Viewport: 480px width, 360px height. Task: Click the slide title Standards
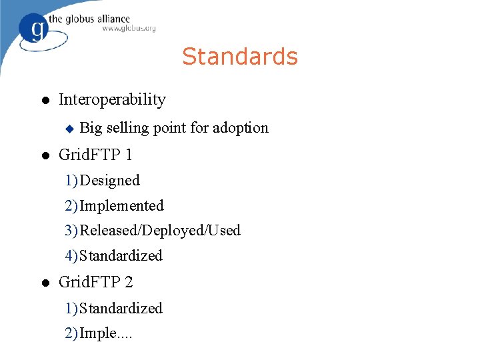pyautogui.click(x=240, y=57)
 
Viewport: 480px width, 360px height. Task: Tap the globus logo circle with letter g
pyautogui.click(x=35, y=29)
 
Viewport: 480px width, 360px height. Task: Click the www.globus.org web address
pyautogui.click(x=129, y=29)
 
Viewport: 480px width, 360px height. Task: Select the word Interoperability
pyautogui.click(x=112, y=100)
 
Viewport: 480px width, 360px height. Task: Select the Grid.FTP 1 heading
pyautogui.click(x=95, y=155)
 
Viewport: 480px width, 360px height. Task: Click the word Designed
pyautogui.click(x=110, y=181)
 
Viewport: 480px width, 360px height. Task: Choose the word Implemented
pyautogui.click(x=121, y=206)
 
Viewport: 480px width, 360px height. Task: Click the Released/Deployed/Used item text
pyautogui.click(x=160, y=231)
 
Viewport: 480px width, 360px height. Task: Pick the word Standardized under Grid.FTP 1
pyautogui.click(x=121, y=256)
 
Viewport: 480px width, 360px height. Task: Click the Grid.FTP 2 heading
pyautogui.click(x=95, y=282)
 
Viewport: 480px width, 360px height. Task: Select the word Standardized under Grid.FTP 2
pyautogui.click(x=121, y=309)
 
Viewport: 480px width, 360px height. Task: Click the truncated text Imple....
pyautogui.click(x=106, y=333)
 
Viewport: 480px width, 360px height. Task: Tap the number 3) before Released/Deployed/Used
pyautogui.click(x=71, y=231)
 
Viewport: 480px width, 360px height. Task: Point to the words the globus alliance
pyautogui.click(x=97, y=18)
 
